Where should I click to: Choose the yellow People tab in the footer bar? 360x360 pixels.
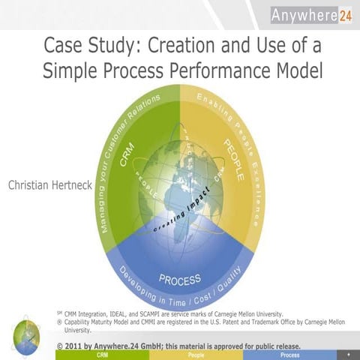point(196,355)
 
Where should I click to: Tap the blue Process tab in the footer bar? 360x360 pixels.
point(289,355)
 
